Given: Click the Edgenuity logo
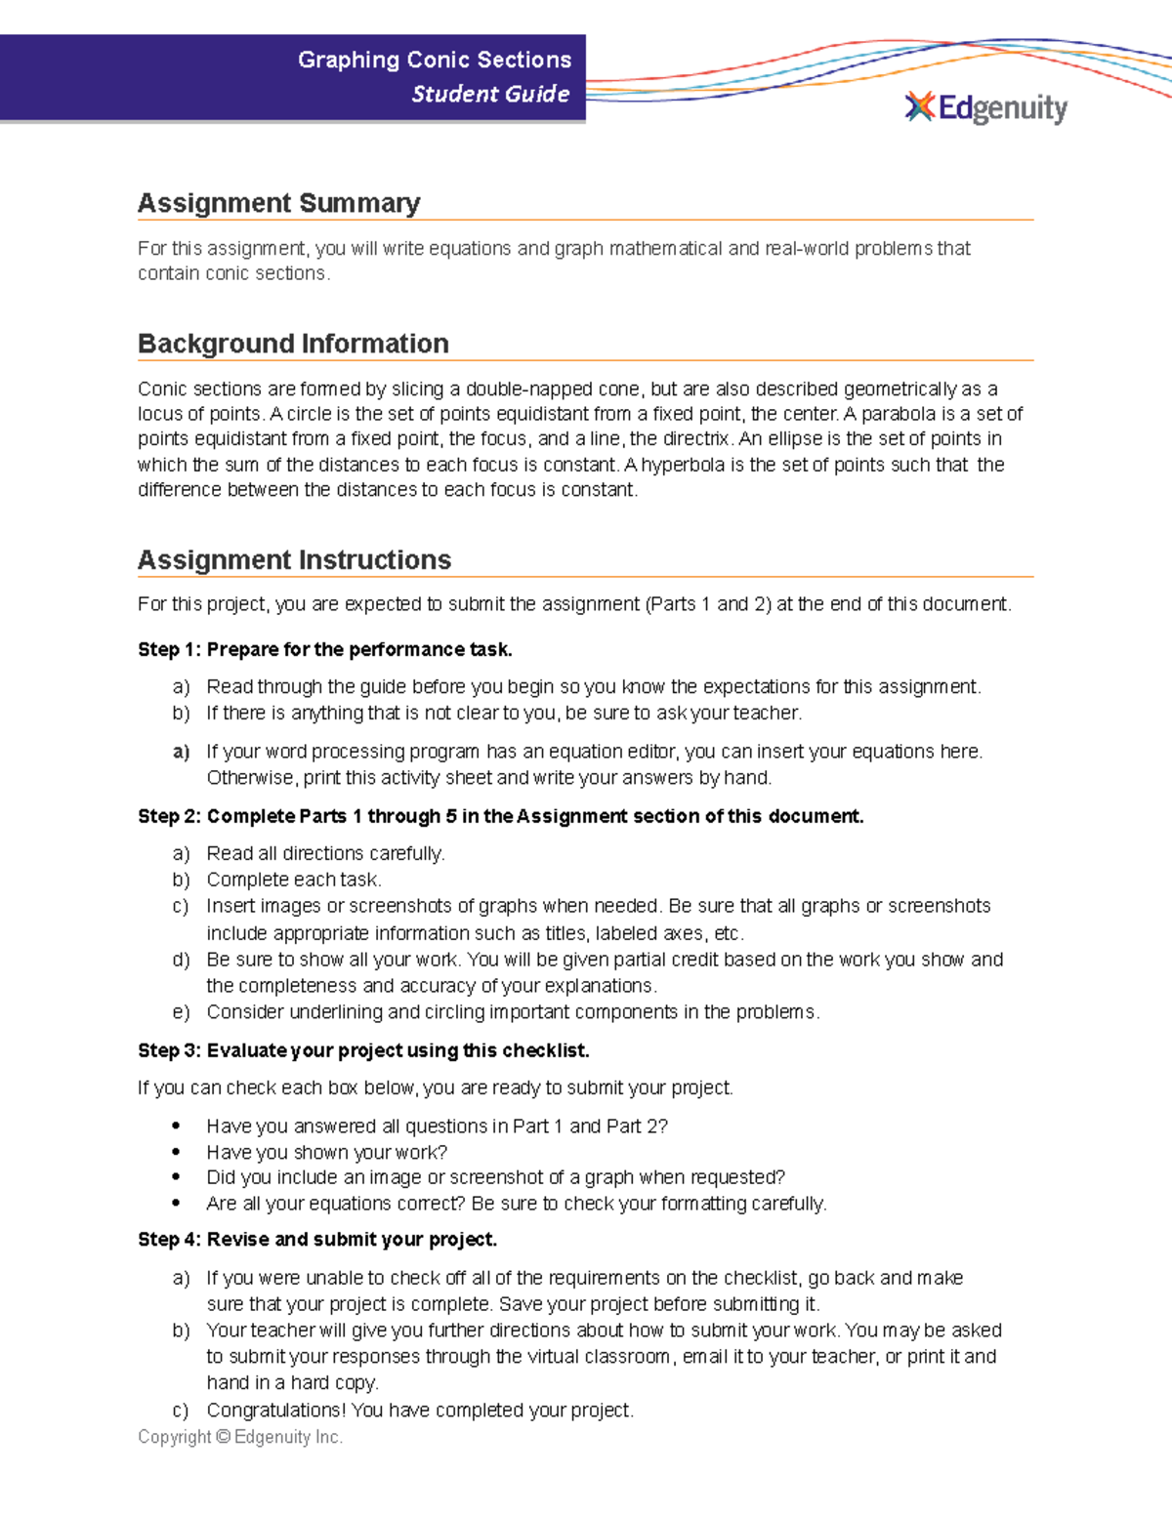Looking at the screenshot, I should pyautogui.click(x=986, y=107).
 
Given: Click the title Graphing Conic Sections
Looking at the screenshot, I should pyautogui.click(x=435, y=60).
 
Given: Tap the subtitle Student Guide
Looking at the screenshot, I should pyautogui.click(x=490, y=94).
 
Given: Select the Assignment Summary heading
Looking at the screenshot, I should pyautogui.click(x=278, y=203).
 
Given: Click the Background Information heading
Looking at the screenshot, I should pyautogui.click(x=293, y=344).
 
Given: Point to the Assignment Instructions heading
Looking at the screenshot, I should pyautogui.click(x=294, y=559).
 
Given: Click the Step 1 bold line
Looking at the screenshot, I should pyautogui.click(x=324, y=649).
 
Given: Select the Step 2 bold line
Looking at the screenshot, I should pyautogui.click(x=500, y=816).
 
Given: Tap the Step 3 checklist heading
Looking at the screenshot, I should pyautogui.click(x=363, y=1050).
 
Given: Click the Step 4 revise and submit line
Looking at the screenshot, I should pyautogui.click(x=317, y=1239).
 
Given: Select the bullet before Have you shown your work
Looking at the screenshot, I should pyautogui.click(x=176, y=1153).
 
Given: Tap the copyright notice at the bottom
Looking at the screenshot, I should pyautogui.click(x=240, y=1437).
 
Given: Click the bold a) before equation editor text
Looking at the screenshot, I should pyautogui.click(x=181, y=752).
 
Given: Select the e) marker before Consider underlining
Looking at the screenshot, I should pyautogui.click(x=181, y=1012).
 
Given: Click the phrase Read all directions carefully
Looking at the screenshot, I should pyautogui.click(x=325, y=853).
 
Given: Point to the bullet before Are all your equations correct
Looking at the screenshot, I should pyautogui.click(x=176, y=1204).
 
